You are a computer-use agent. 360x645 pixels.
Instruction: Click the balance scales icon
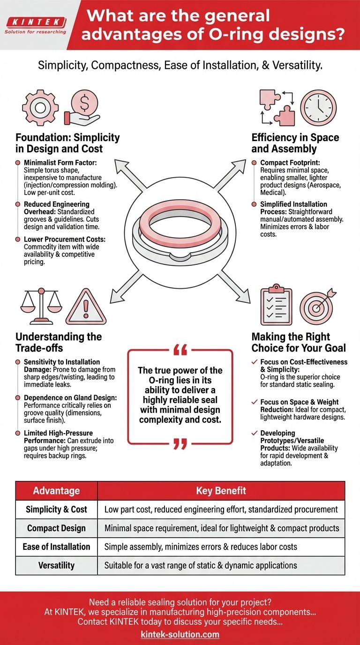[41, 305]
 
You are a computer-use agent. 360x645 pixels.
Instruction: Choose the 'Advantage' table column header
[56, 491]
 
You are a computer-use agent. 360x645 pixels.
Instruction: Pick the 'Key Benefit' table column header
[221, 491]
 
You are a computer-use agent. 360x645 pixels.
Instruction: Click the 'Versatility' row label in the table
[56, 565]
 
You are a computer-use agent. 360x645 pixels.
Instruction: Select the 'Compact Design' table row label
[56, 528]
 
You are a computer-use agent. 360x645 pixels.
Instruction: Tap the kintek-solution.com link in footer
[180, 634]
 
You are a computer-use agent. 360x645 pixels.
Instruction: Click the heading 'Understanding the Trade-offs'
[59, 342]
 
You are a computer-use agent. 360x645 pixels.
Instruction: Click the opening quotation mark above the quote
[180, 350]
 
